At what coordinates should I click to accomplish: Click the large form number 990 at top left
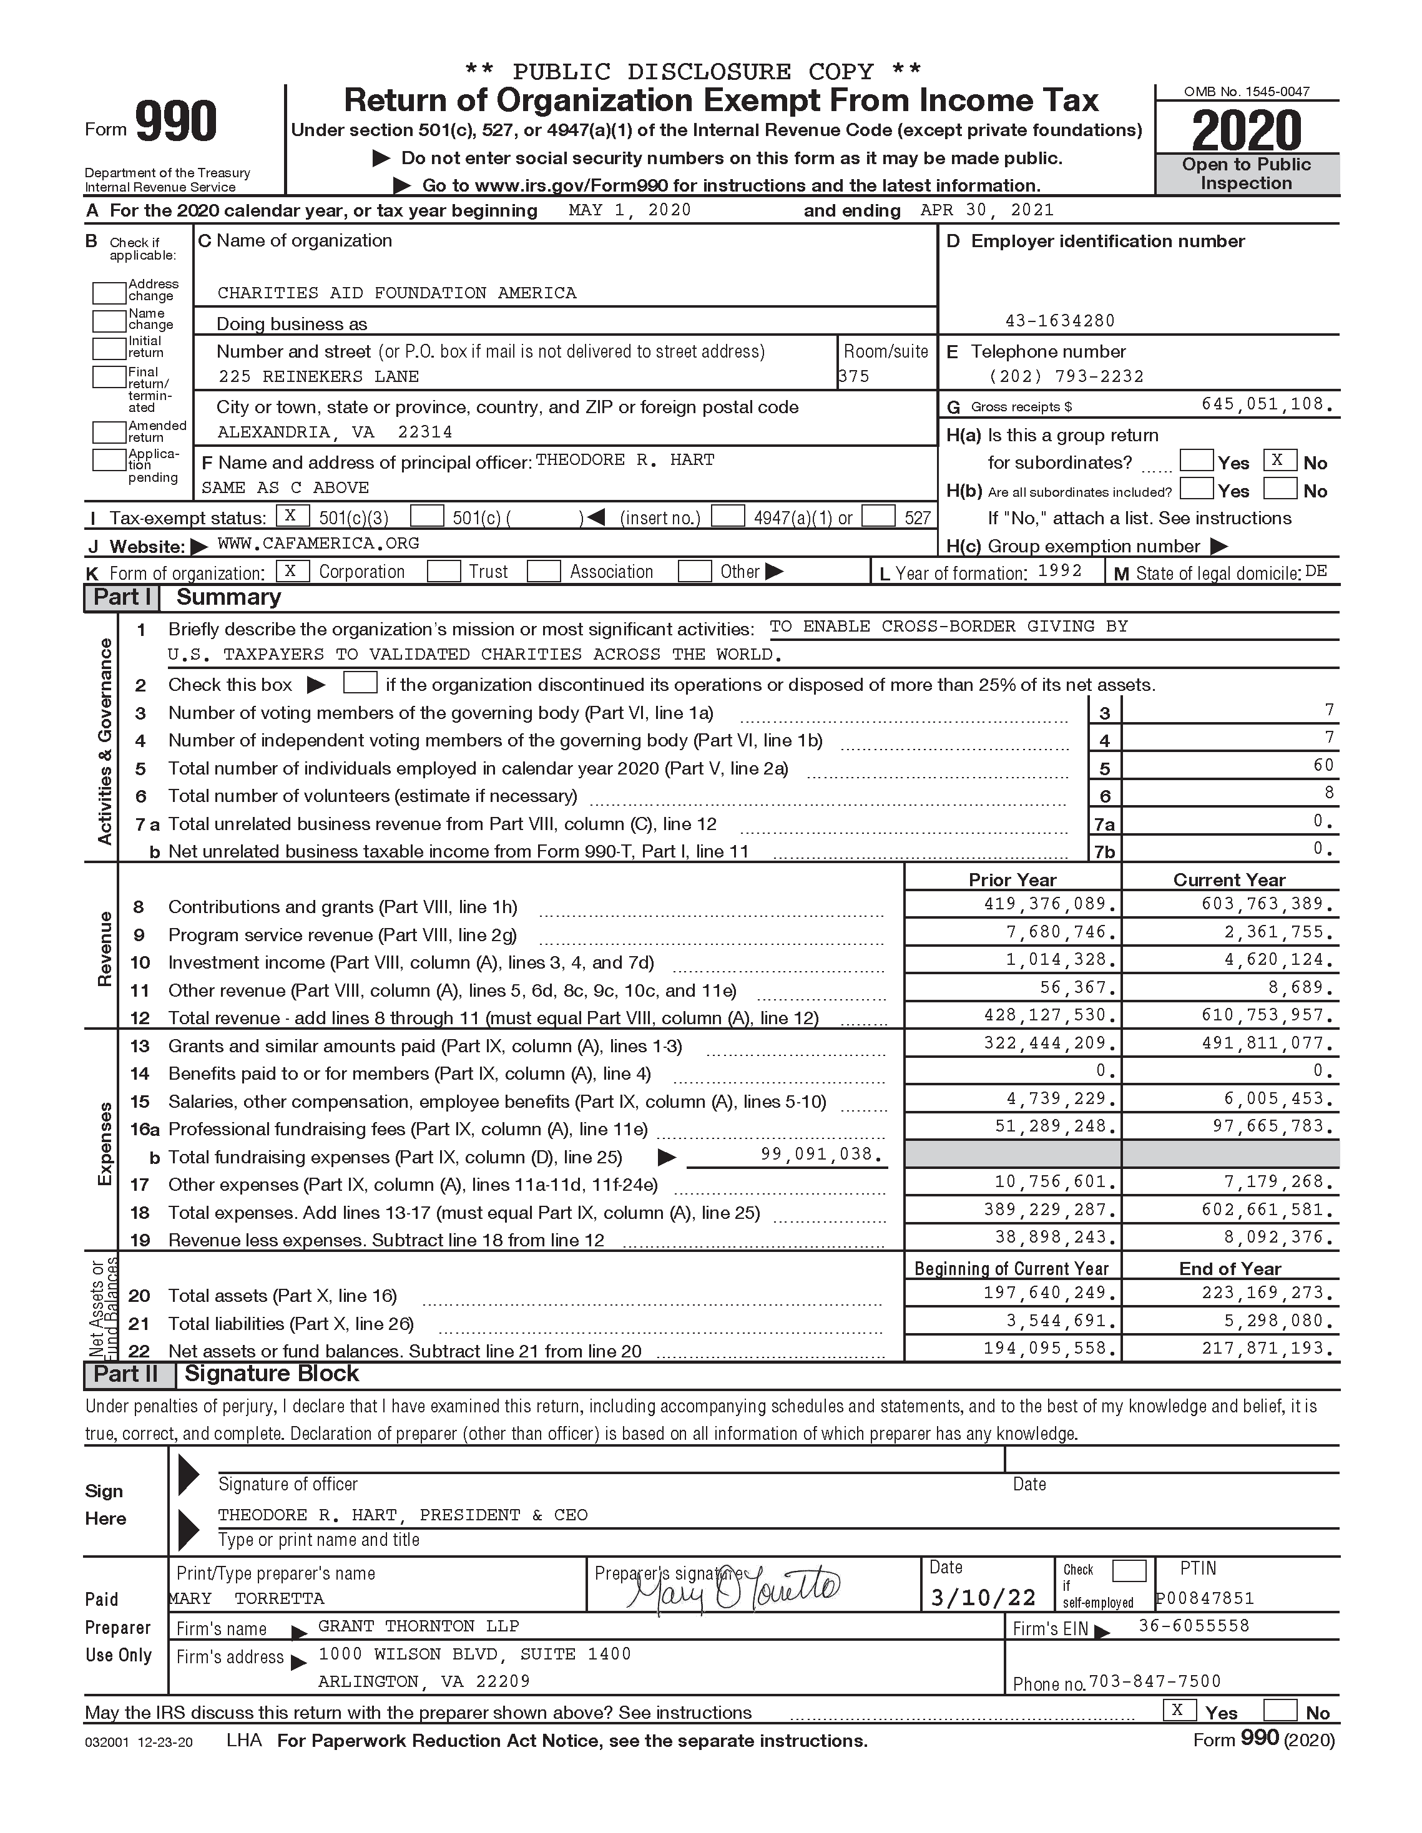(x=175, y=122)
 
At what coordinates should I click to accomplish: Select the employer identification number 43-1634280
(x=1059, y=321)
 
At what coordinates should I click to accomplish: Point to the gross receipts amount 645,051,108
(x=1267, y=404)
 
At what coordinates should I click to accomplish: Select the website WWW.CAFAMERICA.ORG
(x=318, y=544)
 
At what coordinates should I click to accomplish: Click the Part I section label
(x=122, y=597)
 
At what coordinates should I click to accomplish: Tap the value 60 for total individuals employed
(x=1323, y=765)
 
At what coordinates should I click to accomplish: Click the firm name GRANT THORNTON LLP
(x=418, y=1626)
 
